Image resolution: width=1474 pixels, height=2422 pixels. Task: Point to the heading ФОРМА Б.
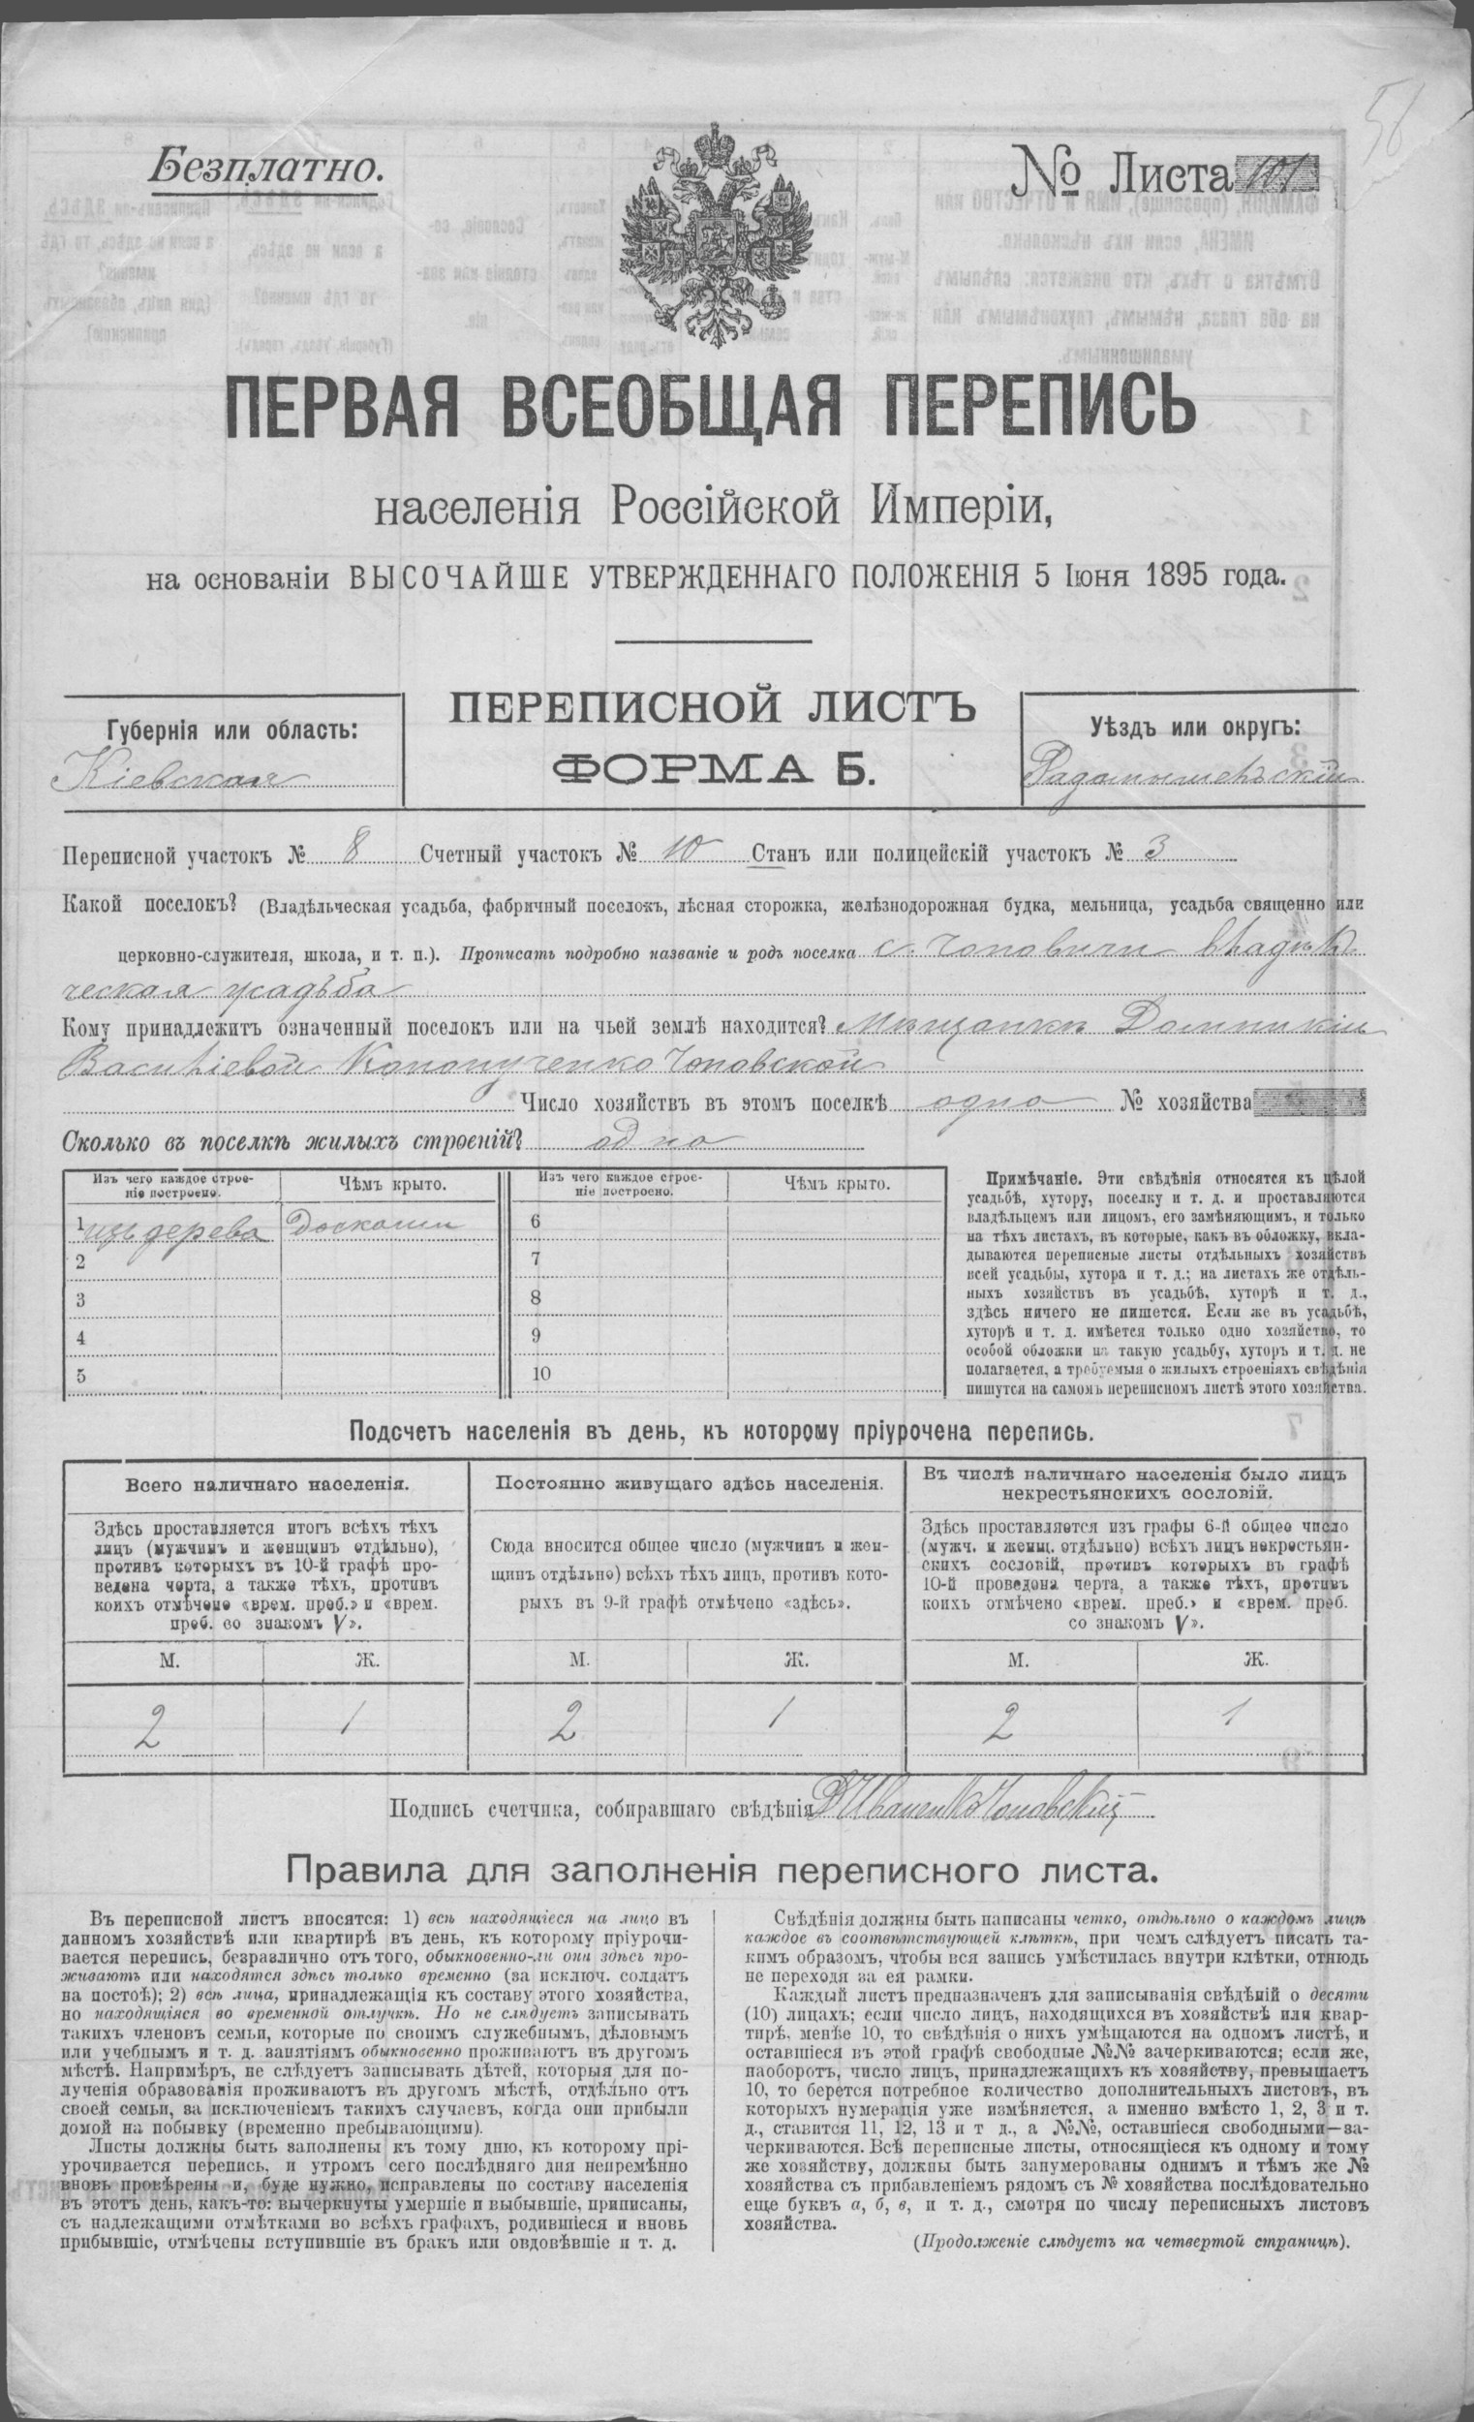pyautogui.click(x=713, y=768)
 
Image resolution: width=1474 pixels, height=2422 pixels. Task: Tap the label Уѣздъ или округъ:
pyautogui.click(x=1194, y=729)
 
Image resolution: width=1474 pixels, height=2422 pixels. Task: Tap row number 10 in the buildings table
pyautogui.click(x=542, y=1374)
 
